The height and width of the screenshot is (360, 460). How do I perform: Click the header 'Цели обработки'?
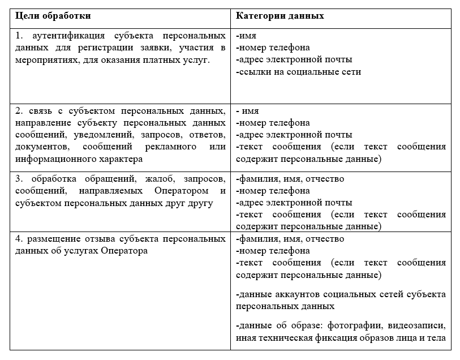coord(53,16)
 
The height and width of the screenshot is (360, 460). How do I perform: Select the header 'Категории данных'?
coord(280,16)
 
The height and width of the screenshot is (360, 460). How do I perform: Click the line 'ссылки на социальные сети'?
coord(298,72)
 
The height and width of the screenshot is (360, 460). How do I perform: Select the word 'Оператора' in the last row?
coord(124,251)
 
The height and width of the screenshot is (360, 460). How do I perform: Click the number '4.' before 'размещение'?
coord(20,239)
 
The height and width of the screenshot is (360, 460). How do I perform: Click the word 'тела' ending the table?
coord(436,338)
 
